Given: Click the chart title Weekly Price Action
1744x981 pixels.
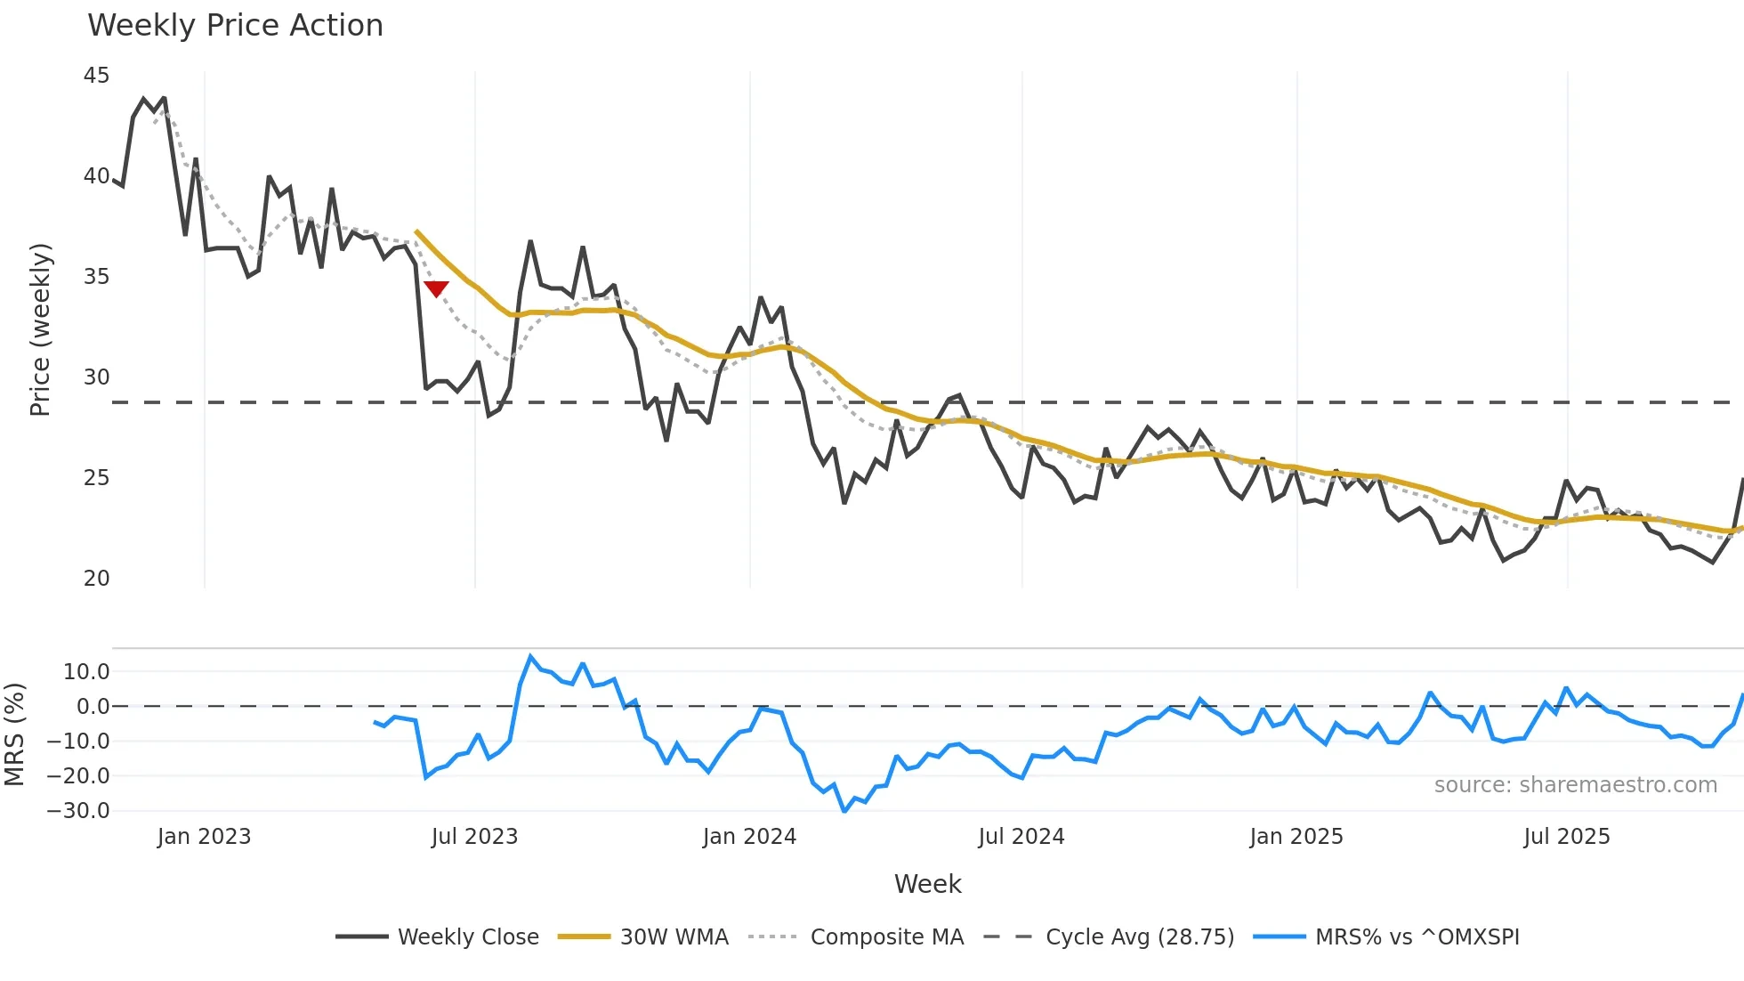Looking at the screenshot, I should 235,26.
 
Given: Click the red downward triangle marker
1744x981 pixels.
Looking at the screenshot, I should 436,288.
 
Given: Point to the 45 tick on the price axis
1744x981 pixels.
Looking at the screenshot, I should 96,76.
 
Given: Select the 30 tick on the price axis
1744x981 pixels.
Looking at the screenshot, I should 96,377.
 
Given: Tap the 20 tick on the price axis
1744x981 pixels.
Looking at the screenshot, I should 96,579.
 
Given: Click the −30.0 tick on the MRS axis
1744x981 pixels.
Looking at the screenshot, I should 78,811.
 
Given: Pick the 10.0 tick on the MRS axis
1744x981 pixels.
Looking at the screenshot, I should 85,672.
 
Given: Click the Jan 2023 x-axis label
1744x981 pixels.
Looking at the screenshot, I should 204,837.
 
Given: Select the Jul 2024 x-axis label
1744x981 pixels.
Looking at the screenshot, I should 1021,837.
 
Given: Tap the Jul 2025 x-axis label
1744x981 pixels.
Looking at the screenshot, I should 1566,837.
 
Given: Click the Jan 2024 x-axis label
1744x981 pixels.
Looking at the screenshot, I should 749,837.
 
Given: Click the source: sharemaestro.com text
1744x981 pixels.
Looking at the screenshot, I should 1575,785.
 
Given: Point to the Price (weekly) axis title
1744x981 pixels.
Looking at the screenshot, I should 40,329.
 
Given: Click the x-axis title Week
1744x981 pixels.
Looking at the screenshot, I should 927,884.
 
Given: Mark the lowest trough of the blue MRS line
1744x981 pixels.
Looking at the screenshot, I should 844,811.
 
